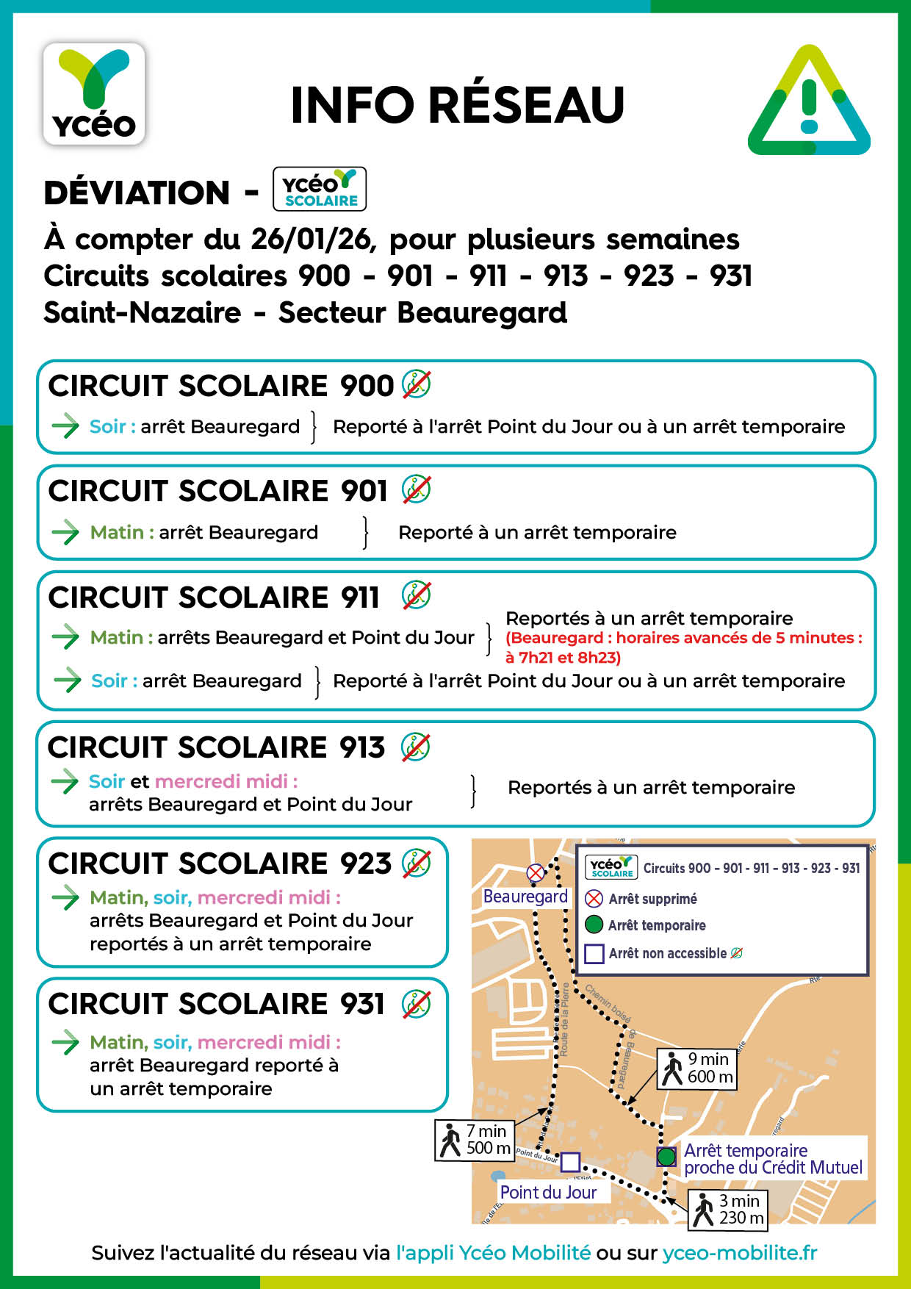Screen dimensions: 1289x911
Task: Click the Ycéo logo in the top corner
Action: point(94,94)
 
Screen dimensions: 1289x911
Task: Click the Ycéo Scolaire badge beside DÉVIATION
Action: point(319,190)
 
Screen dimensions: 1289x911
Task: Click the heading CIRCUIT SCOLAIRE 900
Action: point(221,386)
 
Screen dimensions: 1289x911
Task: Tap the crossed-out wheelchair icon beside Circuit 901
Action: point(416,490)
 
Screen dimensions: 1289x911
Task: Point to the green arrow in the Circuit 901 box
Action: point(65,532)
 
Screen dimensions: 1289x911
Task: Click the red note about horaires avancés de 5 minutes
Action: point(683,647)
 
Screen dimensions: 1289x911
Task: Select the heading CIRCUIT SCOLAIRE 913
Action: point(216,747)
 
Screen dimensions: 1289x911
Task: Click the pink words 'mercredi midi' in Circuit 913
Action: point(226,781)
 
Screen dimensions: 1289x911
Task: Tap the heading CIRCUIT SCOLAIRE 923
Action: point(220,863)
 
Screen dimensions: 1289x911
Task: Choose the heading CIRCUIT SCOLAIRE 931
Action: point(216,1004)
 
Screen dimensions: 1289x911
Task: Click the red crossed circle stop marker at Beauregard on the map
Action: point(536,873)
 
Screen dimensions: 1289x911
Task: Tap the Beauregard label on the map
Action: point(525,897)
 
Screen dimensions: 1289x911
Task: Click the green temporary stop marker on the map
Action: point(666,1156)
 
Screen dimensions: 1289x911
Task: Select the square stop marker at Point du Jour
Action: point(570,1162)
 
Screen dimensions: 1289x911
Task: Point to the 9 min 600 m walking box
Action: point(697,1069)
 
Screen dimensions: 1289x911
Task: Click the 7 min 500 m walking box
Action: point(475,1140)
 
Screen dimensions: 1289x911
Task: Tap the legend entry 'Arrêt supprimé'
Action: point(652,899)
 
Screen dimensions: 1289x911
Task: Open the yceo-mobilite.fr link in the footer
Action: point(739,1253)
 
